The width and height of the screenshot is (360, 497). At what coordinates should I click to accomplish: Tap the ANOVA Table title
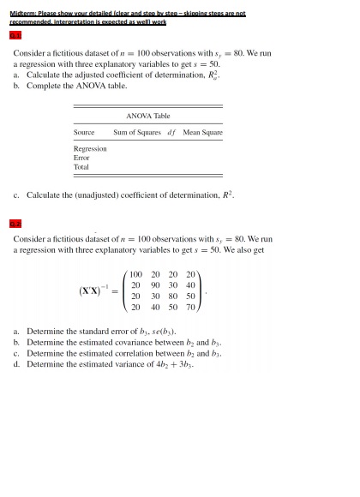point(148,116)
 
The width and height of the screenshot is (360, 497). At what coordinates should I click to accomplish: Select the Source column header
point(84,133)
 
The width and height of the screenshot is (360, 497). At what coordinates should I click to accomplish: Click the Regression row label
point(90,148)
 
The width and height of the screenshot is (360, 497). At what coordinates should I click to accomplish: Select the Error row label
point(81,158)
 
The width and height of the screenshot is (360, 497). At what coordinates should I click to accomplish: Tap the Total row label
point(81,167)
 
